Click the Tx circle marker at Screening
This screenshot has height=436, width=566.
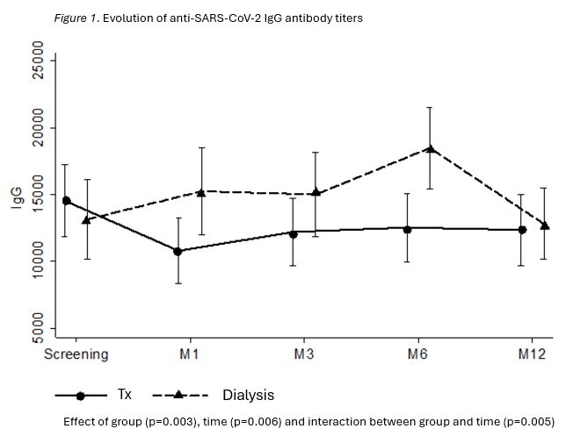pos(66,200)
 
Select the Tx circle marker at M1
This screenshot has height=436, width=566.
pos(178,251)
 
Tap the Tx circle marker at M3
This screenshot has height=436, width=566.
pos(294,234)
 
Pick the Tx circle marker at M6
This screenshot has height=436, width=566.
pos(407,229)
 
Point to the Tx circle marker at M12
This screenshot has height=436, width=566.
pos(522,230)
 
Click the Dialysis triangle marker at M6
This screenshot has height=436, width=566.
pos(430,149)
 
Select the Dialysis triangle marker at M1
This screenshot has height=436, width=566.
pos(200,192)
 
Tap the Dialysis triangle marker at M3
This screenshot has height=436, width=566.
pos(316,193)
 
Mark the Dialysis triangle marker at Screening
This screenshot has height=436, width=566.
pos(86,219)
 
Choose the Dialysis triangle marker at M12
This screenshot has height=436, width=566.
pos(545,225)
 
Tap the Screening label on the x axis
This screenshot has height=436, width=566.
pos(76,354)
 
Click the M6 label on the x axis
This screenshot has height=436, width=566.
pos(418,354)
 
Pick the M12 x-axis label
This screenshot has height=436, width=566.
pos(533,354)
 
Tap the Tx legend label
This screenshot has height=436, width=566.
pos(125,395)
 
